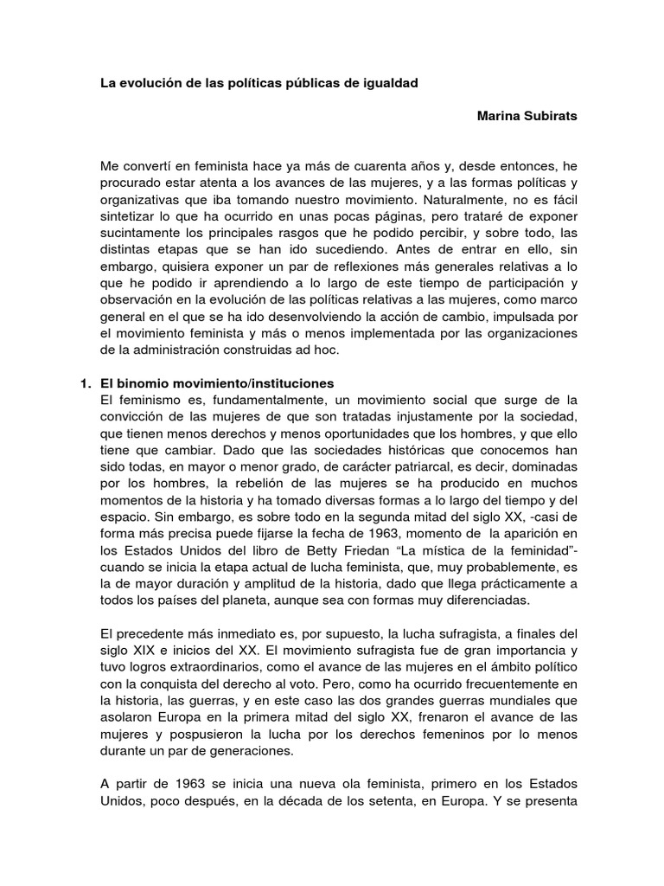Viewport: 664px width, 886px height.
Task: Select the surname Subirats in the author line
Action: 546,115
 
